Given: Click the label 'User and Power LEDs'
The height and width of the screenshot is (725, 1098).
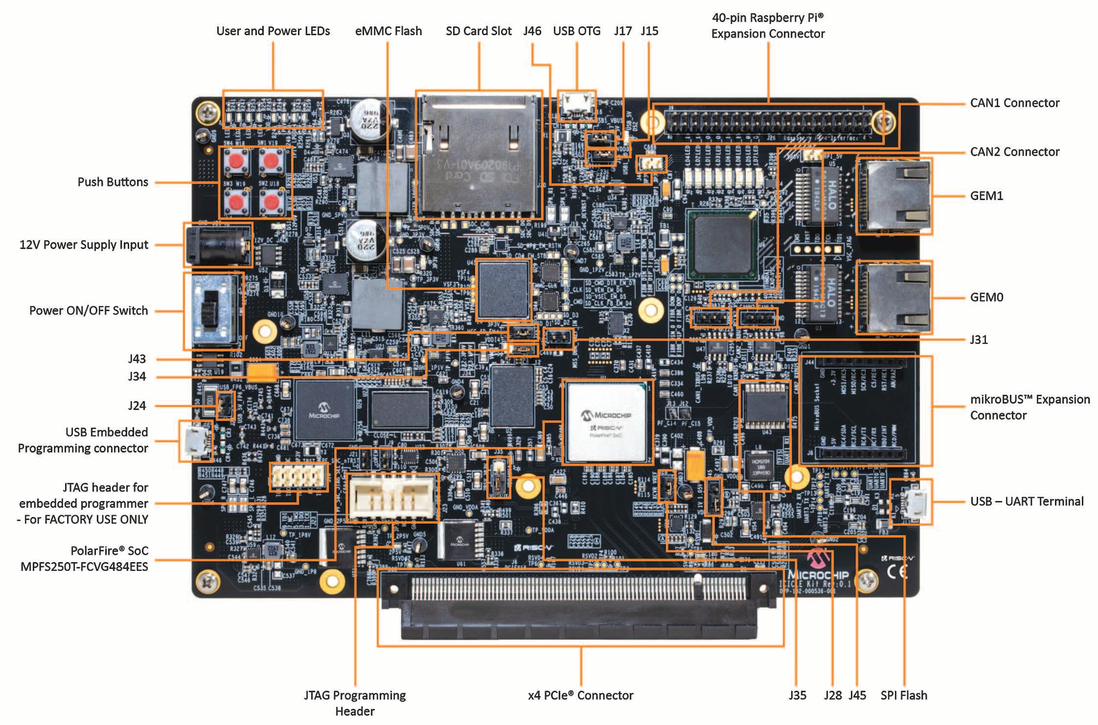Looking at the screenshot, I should point(273,31).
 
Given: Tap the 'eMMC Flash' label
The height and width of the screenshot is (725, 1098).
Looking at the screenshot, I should point(388,31).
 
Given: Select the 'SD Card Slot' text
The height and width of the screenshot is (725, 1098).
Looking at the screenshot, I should point(479,31).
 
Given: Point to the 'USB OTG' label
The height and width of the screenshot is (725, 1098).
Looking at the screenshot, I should point(576,31).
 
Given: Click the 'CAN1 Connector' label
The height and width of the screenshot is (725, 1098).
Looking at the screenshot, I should point(1014,103).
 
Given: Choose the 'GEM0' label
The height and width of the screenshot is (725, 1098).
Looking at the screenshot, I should point(986,297).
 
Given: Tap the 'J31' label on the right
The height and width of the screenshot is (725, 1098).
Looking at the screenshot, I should point(979,340).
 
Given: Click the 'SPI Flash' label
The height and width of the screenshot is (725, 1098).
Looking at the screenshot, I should point(903,695).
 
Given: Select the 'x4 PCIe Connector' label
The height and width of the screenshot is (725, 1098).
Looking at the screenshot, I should point(580,695).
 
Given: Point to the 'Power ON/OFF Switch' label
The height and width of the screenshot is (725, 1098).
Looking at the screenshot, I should point(89,311).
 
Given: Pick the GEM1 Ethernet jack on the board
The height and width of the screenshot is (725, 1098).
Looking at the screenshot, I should point(894,196).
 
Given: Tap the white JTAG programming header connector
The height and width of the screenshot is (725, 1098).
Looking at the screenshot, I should point(390,496).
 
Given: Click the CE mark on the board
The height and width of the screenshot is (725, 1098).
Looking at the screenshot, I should point(897,571).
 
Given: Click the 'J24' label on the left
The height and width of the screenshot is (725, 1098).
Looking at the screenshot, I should point(137,406).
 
